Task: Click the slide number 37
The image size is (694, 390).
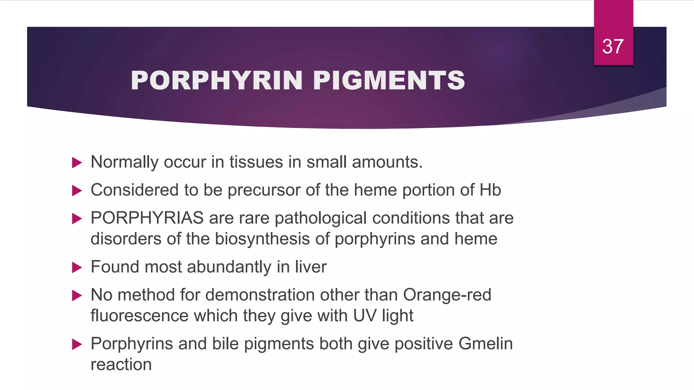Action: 613,46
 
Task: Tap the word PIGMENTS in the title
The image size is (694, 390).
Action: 389,81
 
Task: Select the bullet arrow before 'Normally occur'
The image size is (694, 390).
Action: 77,163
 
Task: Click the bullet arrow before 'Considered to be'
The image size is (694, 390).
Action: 77,191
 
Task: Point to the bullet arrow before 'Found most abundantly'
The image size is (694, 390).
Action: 77,268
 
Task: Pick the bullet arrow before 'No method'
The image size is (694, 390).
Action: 77,296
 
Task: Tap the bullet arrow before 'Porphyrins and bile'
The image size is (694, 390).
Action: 77,345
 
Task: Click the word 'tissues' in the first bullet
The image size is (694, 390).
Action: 256,162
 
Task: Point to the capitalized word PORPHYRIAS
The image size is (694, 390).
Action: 147,218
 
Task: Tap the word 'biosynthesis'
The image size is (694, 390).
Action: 262,239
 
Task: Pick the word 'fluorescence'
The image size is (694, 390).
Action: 139,316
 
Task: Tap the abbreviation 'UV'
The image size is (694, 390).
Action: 365,316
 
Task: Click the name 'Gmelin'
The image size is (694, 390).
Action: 485,344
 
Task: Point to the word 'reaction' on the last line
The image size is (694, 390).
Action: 121,365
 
